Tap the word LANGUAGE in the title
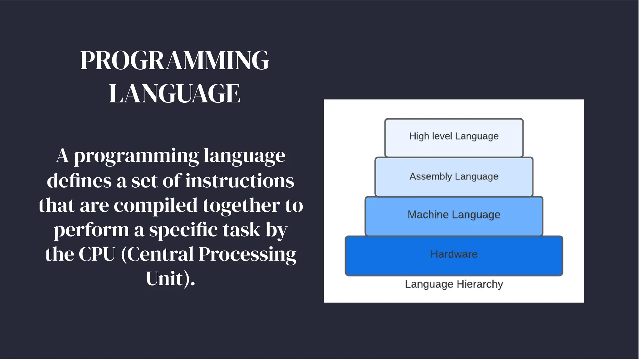point(174,93)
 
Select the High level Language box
point(454,138)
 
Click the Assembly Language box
point(454,177)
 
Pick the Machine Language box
point(454,216)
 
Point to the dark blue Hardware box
point(454,255)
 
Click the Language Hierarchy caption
point(454,284)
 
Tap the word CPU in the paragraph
point(97,254)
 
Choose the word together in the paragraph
point(241,205)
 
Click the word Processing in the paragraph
point(247,254)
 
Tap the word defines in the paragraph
point(79,181)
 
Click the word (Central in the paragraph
point(157,254)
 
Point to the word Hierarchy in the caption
point(480,284)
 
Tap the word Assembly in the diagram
point(430,177)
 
